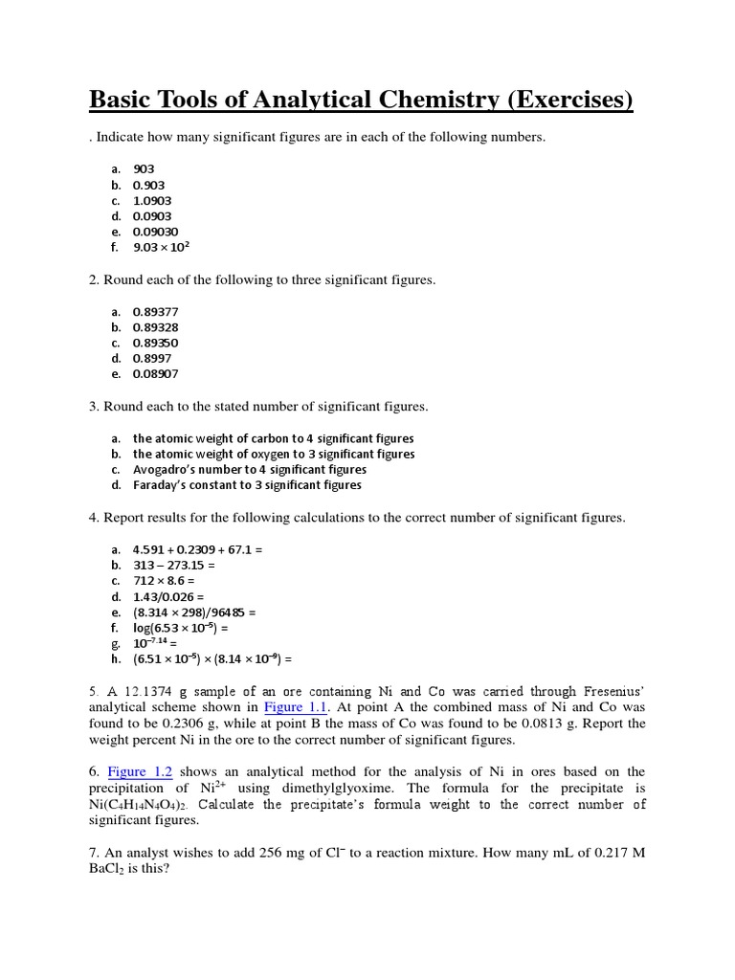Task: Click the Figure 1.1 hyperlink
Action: (296, 707)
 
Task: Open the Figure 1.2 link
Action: (140, 771)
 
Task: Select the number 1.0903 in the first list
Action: (152, 201)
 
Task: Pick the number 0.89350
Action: (155, 343)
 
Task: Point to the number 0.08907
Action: (155, 374)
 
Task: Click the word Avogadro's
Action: (164, 470)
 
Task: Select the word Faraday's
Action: (159, 485)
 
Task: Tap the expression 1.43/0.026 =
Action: (168, 596)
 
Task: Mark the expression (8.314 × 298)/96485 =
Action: (194, 612)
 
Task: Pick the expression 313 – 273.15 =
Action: (174, 565)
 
